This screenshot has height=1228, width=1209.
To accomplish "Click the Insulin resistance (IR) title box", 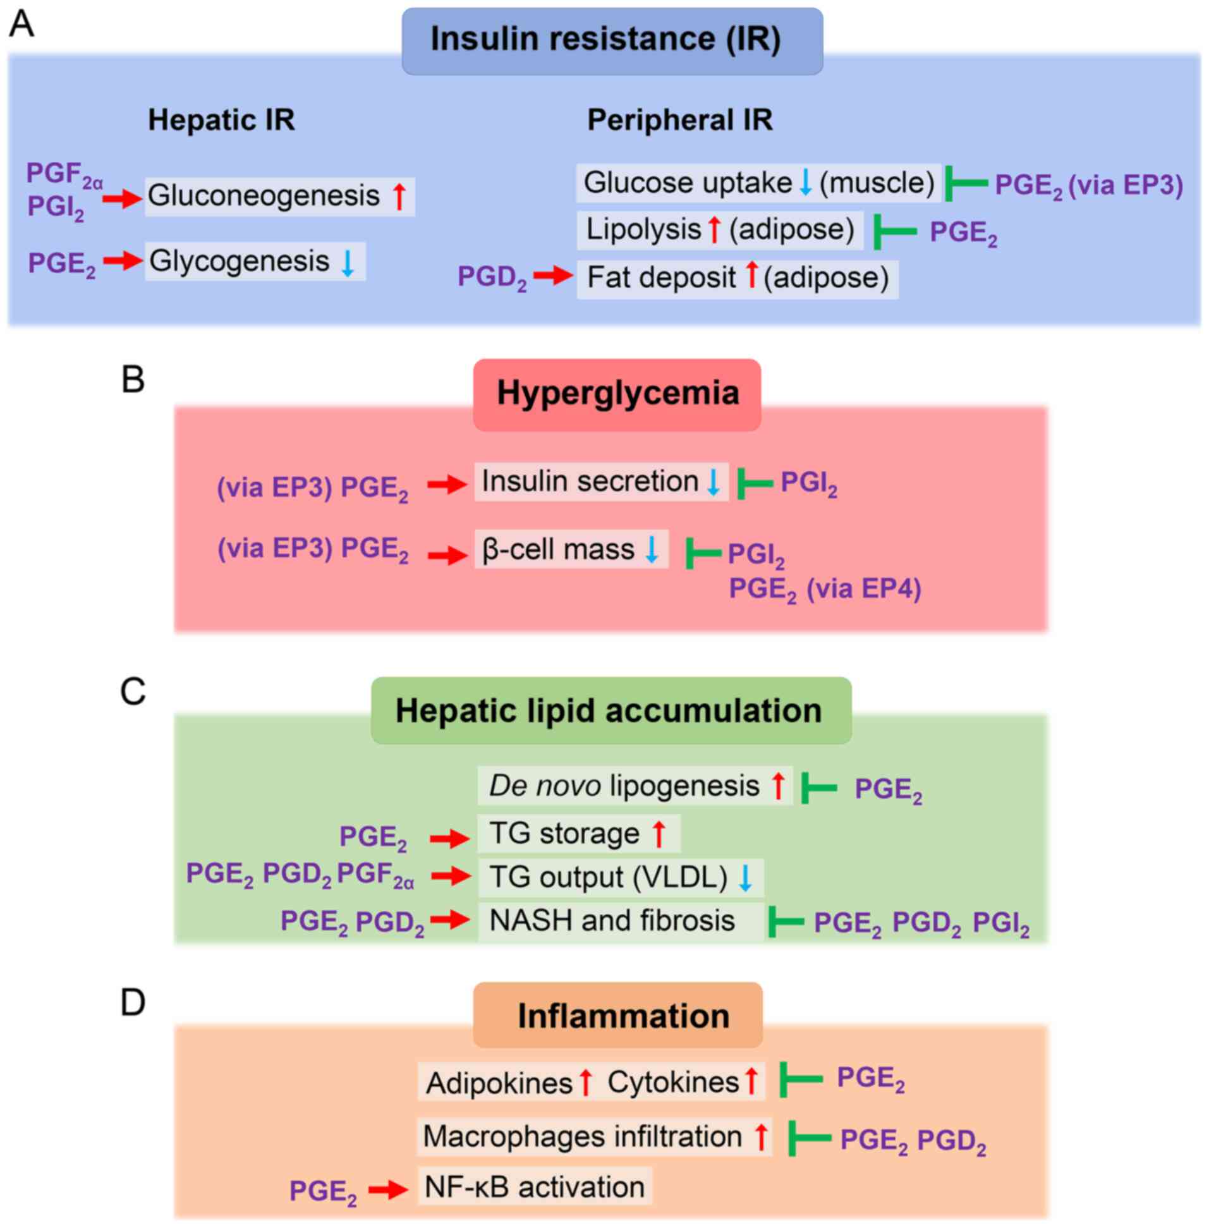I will tap(612, 40).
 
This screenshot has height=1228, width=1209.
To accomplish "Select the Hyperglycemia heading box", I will tap(617, 394).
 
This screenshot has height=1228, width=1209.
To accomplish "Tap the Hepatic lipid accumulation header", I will tap(611, 710).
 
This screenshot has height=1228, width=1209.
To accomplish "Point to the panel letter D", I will tap(133, 1002).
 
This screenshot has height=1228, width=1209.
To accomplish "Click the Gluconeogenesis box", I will tap(279, 197).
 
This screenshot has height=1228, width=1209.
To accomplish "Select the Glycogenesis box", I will tap(255, 261).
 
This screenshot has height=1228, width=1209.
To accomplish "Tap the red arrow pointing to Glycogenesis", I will tap(122, 260).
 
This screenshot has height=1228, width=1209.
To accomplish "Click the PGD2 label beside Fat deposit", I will tap(492, 277).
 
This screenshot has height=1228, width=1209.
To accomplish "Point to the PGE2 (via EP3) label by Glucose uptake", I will tap(1088, 186).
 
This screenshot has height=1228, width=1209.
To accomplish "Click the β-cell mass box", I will tap(571, 549).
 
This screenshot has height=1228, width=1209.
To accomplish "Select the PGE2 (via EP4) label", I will tap(824, 589).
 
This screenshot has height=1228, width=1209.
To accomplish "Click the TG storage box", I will tap(578, 834).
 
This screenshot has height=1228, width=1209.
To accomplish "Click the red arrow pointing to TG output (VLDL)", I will tap(450, 876).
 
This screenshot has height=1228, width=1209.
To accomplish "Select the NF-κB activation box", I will tap(534, 1186).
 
